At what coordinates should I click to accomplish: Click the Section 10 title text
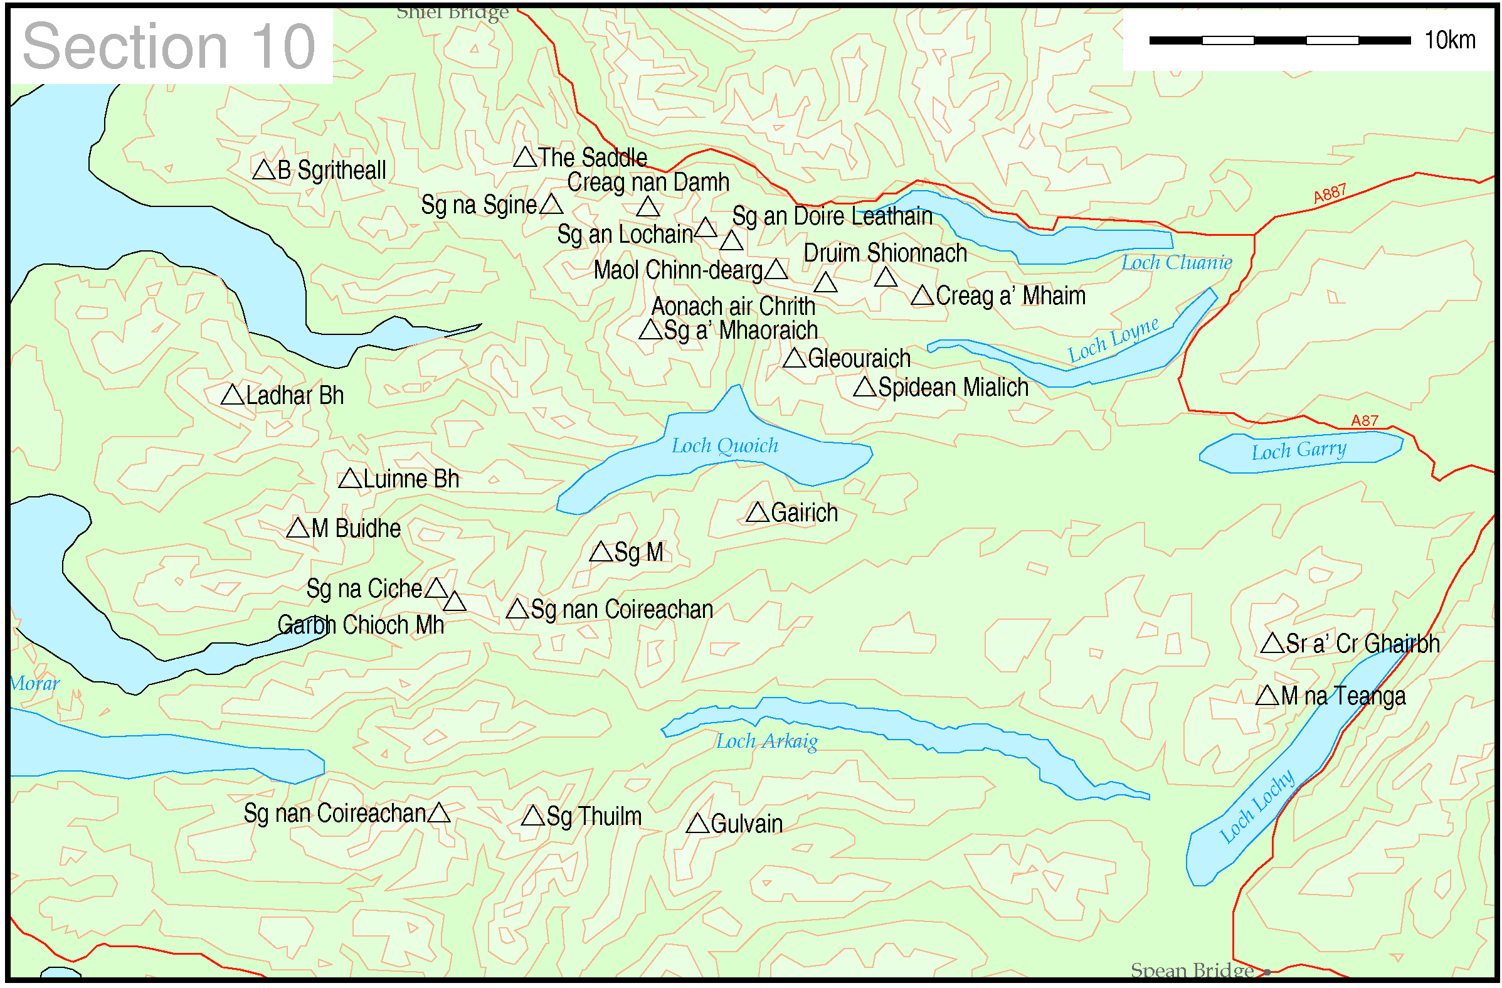tap(169, 46)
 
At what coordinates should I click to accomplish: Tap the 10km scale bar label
tap(1449, 40)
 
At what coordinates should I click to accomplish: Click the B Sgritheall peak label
tap(331, 171)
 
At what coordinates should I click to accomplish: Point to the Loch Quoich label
tap(724, 447)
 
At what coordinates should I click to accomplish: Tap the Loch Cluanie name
tap(1177, 263)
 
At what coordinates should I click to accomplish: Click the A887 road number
tap(1330, 194)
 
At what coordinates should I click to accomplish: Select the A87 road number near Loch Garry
tap(1365, 421)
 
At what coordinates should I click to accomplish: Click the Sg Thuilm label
tap(594, 817)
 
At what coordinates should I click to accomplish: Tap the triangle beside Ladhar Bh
tap(233, 396)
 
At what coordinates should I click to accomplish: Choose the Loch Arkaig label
tap(767, 742)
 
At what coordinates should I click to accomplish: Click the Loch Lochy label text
tap(1257, 807)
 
